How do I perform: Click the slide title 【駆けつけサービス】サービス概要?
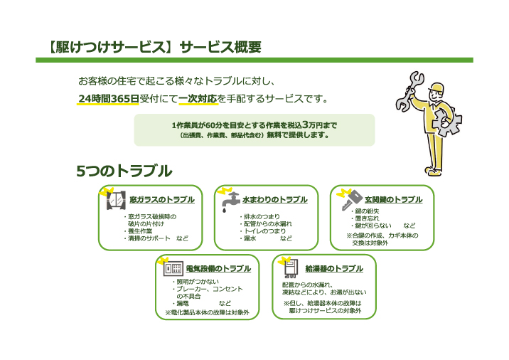(x=150, y=48)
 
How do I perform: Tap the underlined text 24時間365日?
(x=109, y=98)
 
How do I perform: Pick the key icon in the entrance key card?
(x=350, y=201)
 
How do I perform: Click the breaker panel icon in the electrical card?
(x=173, y=270)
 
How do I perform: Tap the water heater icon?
(x=290, y=270)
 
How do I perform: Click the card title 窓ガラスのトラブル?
(x=161, y=200)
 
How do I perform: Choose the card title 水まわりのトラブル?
(x=274, y=200)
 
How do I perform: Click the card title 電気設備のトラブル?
(x=218, y=269)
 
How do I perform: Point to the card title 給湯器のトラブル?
(x=333, y=269)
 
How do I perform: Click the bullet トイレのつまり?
(x=264, y=231)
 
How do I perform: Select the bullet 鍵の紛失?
(x=375, y=211)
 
